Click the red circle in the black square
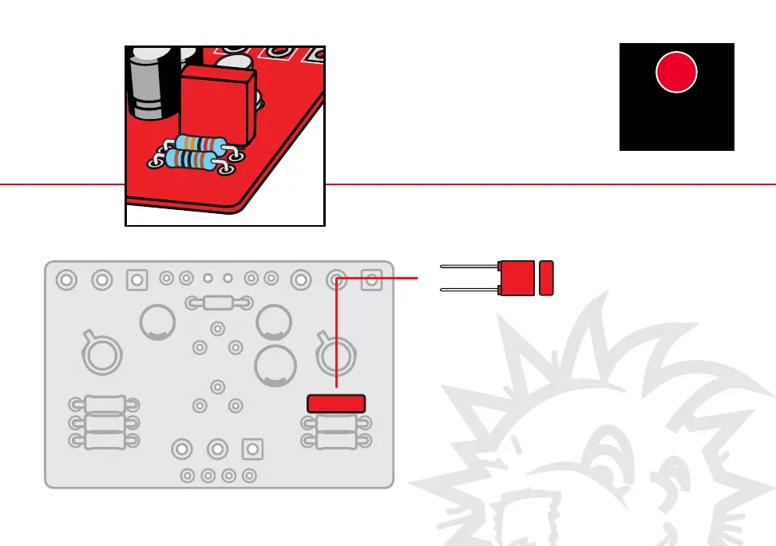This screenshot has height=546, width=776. (677, 73)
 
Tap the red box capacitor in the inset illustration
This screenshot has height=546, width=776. (216, 100)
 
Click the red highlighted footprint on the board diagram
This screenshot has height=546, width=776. (337, 403)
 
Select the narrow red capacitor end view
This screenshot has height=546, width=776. (547, 278)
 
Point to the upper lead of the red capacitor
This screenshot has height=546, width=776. (469, 266)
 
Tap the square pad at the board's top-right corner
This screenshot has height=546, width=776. (370, 279)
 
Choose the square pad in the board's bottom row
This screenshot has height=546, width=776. (252, 449)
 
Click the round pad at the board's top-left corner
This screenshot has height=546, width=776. (66, 280)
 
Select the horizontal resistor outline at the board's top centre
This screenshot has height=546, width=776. (218, 303)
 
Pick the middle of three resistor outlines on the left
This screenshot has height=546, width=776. (105, 421)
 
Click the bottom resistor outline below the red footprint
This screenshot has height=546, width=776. (336, 440)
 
